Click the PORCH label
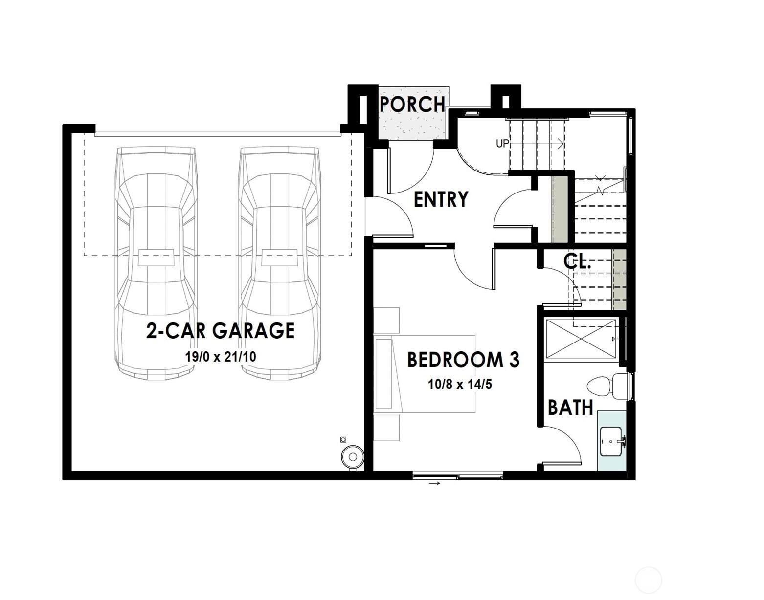coord(412,104)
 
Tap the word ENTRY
coord(441,199)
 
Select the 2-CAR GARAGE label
coord(221,331)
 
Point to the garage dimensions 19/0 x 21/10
coord(221,357)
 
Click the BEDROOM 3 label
coord(463,360)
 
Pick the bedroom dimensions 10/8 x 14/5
coord(460,385)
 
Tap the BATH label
coord(570,407)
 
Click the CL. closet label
coord(577,261)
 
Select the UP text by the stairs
coord(503,144)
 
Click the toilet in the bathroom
coord(607,386)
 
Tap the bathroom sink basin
coord(611,441)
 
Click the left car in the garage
coord(156,264)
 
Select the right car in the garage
coord(280,264)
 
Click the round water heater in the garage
coord(352,457)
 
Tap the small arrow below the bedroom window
coord(434,484)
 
